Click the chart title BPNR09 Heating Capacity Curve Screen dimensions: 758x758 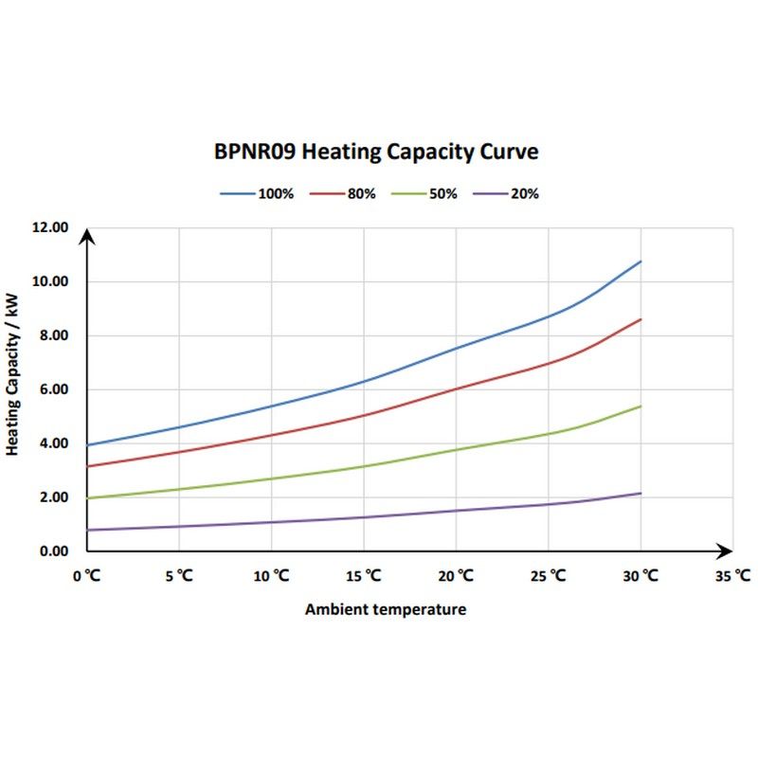(x=376, y=152)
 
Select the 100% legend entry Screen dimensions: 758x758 (x=258, y=193)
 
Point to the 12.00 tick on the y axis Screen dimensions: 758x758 (x=50, y=228)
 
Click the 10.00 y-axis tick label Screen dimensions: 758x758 (x=50, y=282)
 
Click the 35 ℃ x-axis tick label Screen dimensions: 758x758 (x=733, y=575)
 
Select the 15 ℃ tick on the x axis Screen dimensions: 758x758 (x=363, y=575)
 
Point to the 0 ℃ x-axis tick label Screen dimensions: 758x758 (x=86, y=575)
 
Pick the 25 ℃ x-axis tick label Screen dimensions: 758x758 (x=548, y=575)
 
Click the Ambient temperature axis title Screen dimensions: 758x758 (x=386, y=609)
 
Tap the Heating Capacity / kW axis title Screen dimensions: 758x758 (x=12, y=374)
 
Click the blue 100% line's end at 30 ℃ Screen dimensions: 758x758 (x=641, y=261)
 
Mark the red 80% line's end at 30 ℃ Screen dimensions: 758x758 (x=641, y=319)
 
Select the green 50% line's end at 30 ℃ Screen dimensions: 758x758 (x=641, y=406)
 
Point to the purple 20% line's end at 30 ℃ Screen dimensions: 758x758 (x=641, y=493)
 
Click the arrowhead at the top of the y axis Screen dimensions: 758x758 (x=86, y=235)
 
